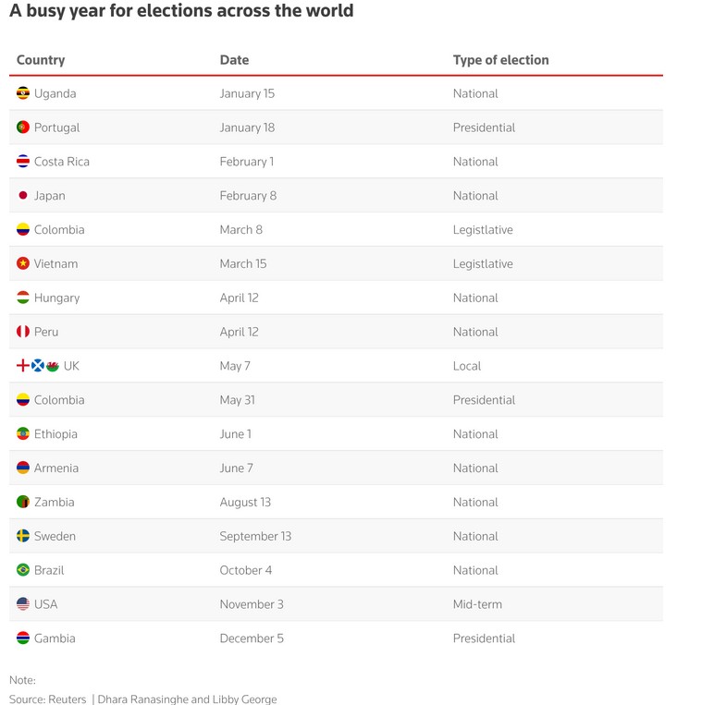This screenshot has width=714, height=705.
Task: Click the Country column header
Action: (41, 60)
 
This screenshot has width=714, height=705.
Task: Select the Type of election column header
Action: (500, 60)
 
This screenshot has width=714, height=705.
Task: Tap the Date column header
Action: (234, 60)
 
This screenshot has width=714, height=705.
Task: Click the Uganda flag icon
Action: (23, 93)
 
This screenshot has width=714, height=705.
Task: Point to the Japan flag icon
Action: (23, 196)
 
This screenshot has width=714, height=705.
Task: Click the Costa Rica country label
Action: (62, 162)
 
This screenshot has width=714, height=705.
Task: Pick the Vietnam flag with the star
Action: (23, 264)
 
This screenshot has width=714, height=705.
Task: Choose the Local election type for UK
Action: (467, 366)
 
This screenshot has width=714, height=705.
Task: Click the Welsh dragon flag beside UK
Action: (53, 366)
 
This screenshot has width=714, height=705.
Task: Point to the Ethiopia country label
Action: (55, 434)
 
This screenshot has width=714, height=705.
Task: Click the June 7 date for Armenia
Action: (236, 468)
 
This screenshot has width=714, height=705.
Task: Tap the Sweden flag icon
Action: (23, 537)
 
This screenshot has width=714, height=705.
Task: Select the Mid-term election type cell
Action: (477, 604)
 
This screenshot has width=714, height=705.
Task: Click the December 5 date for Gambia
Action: (252, 638)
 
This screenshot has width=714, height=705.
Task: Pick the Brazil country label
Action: (49, 571)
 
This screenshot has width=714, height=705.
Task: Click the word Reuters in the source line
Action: (67, 699)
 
